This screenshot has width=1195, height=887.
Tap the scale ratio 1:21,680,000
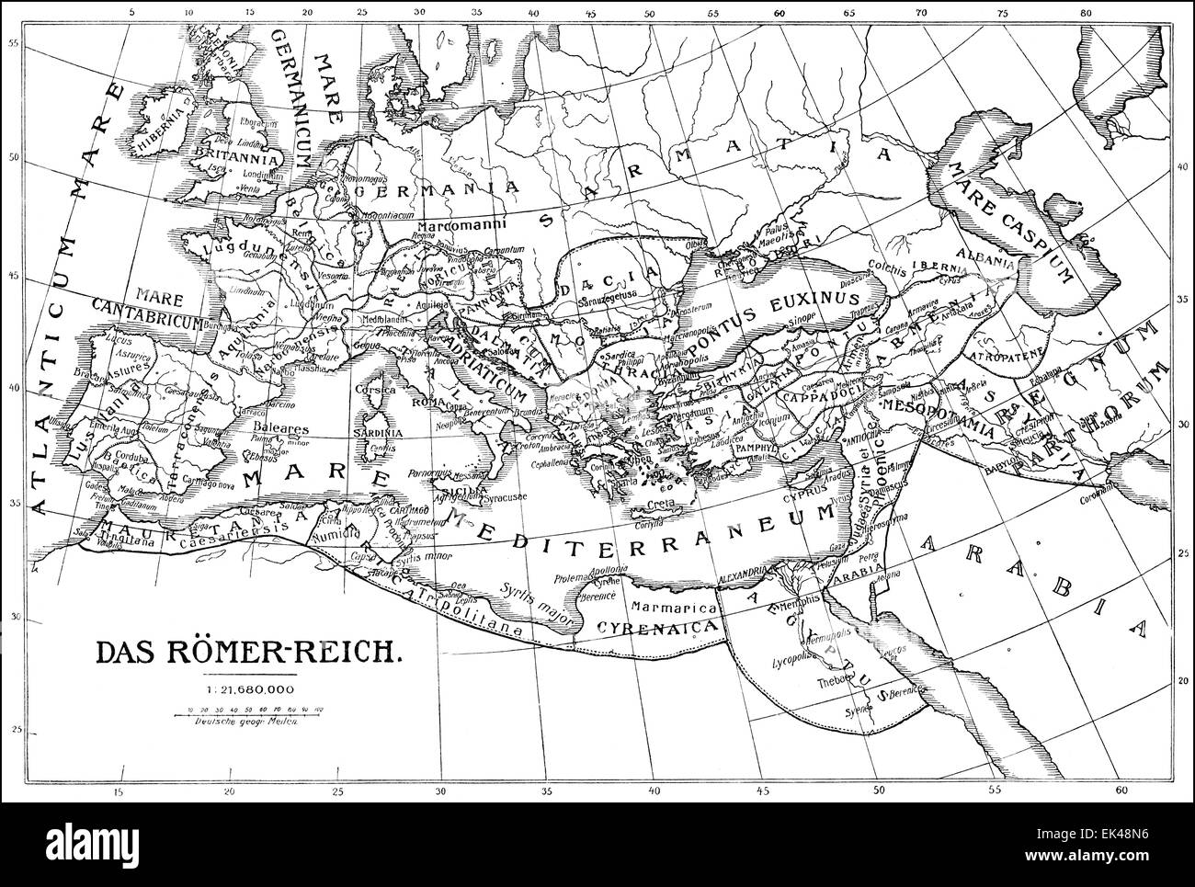249,689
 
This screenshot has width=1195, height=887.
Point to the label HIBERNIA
161,136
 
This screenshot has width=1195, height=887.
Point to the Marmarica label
665,607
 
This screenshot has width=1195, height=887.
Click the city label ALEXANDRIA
753,572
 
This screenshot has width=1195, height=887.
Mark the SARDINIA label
381,431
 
